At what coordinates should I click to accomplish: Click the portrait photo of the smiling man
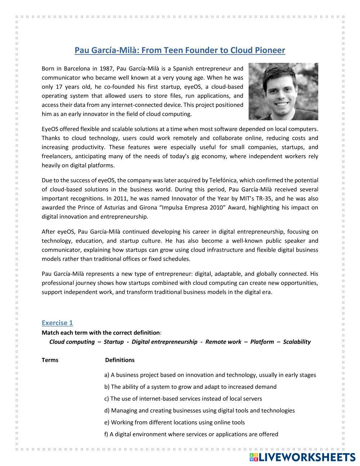[283, 91]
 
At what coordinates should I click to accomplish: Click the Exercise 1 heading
[57, 323]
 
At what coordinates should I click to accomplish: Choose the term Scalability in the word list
[297, 342]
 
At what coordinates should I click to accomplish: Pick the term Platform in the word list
[262, 342]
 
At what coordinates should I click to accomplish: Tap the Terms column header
[50, 360]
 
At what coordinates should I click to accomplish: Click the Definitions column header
[120, 360]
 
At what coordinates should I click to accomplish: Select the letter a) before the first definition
[107, 375]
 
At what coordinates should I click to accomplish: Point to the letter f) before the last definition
[106, 434]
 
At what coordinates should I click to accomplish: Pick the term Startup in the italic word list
[113, 342]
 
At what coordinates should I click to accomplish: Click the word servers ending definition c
[252, 399]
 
